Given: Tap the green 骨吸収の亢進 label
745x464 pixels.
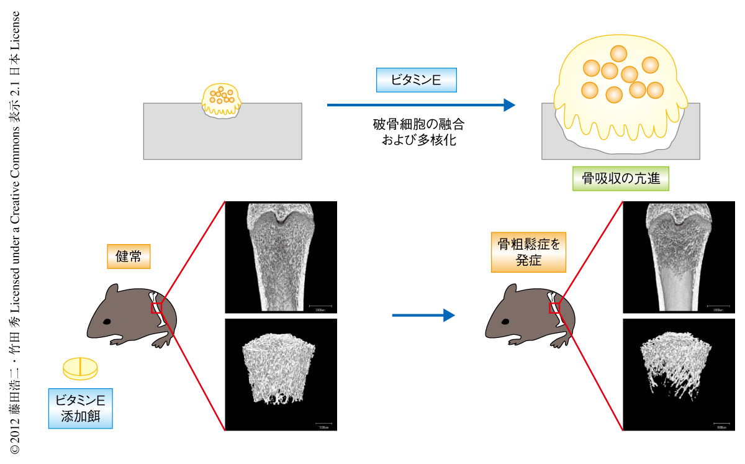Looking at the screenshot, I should pyautogui.click(x=621, y=179).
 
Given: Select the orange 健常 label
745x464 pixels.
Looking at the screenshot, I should pyautogui.click(x=129, y=256).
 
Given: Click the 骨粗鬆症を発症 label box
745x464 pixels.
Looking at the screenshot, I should pyautogui.click(x=528, y=253).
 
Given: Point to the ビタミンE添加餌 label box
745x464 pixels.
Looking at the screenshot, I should pyautogui.click(x=81, y=408).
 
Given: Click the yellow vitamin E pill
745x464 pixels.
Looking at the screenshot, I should pyautogui.click(x=80, y=368).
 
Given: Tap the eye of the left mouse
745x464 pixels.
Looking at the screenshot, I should pyautogui.click(x=107, y=322).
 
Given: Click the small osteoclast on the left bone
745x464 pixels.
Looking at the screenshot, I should pyautogui.click(x=222, y=99).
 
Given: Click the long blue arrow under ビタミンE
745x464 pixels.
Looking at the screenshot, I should pyautogui.click(x=421, y=105).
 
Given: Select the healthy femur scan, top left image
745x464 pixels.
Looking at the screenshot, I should pyautogui.click(x=281, y=257).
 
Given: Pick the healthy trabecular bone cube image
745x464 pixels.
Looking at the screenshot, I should pyautogui.click(x=281, y=374).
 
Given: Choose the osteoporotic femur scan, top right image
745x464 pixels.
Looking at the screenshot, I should pyautogui.click(x=679, y=257).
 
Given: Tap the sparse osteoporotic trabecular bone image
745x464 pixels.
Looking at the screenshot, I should pyautogui.click(x=679, y=374).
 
